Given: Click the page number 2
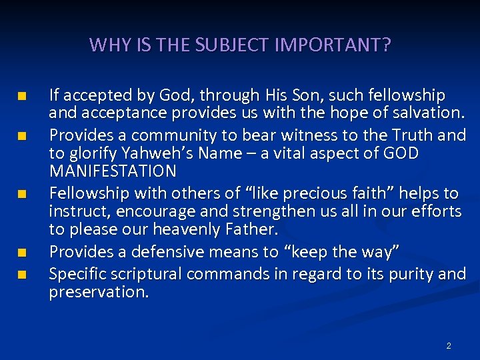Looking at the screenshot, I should [449, 346].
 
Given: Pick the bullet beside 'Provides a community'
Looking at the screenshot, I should [22, 137].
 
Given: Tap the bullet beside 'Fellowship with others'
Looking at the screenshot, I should [22, 195].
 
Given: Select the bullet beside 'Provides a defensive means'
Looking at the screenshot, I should [22, 253].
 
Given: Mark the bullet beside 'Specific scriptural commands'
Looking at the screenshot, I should [22, 273].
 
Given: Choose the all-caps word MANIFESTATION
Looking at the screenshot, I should [113, 171].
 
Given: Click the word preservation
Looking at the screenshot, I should [98, 291].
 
